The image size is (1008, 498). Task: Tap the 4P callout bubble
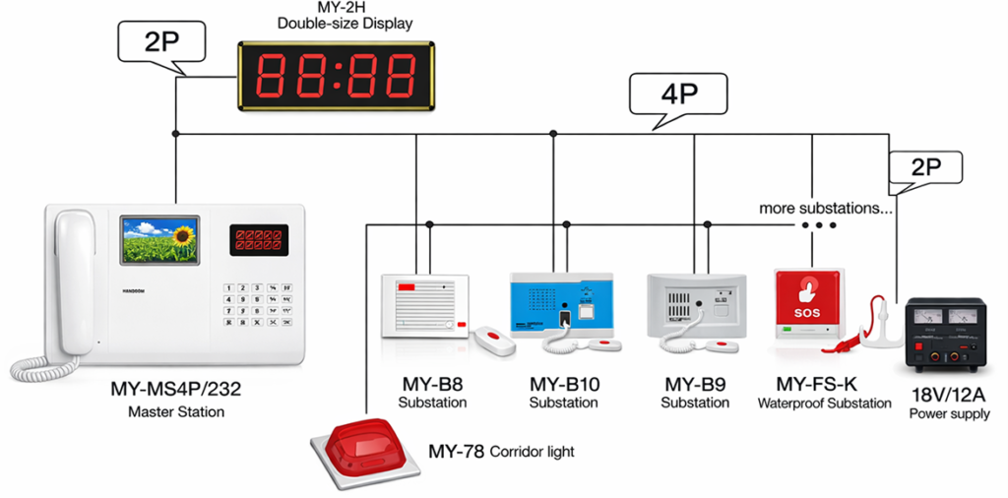point(678,96)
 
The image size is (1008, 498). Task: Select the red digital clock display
point(336,75)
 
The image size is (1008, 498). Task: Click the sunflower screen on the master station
point(159,240)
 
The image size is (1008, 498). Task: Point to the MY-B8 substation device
point(425,304)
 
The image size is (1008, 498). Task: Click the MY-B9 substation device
point(694,306)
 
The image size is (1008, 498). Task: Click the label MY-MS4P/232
point(175,390)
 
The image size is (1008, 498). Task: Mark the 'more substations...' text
point(826,209)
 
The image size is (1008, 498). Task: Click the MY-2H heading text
point(345,8)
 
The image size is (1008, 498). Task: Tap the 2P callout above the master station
point(161,42)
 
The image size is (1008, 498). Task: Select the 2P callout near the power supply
point(924,166)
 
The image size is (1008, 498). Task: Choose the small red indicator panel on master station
point(258,239)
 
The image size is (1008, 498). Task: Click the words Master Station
point(175,411)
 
